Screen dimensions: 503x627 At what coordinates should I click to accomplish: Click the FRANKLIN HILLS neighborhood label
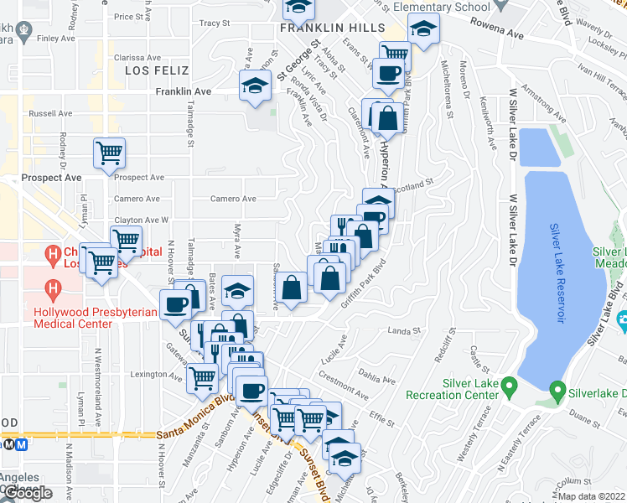tap(324, 27)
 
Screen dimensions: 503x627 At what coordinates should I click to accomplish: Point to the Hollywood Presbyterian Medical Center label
tap(71, 317)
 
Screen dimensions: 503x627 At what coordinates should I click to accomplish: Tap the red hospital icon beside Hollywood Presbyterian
tap(54, 290)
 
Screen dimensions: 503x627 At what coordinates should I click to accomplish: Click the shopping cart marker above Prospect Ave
tap(109, 153)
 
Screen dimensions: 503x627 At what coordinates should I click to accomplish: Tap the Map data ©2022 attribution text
tap(591, 496)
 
